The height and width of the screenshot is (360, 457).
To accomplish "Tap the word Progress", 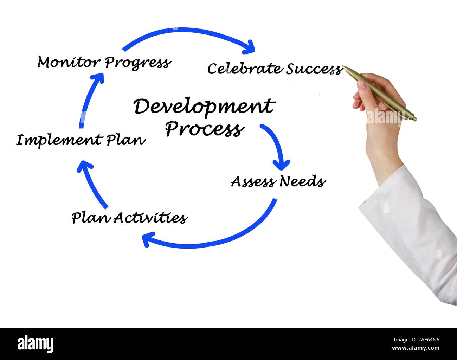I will coord(138,63).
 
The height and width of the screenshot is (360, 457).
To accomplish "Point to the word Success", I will coord(314,69).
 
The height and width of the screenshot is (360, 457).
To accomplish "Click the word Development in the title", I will coord(204,107).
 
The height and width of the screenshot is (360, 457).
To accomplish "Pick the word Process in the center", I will coord(204,129).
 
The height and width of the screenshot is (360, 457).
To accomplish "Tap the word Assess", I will coord(253,181).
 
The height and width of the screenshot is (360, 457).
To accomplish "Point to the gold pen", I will coord(380,93).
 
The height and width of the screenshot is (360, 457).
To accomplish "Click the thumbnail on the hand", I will coord(362,85).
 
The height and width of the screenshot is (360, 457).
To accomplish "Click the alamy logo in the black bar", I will coord(36,344).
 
